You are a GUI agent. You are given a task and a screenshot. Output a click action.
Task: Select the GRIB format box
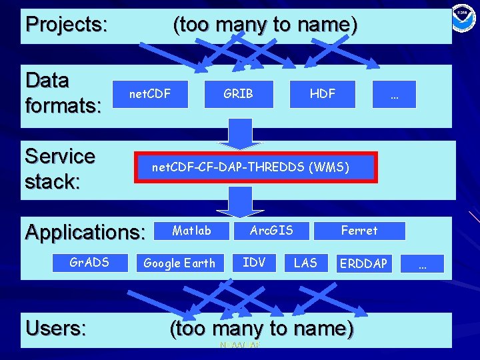pyautogui.click(x=239, y=94)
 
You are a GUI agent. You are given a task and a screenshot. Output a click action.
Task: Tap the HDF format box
pyautogui.click(x=323, y=94)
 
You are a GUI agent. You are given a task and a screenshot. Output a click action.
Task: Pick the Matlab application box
pyautogui.click(x=191, y=231)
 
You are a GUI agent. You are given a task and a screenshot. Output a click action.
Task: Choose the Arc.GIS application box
pyautogui.click(x=271, y=231)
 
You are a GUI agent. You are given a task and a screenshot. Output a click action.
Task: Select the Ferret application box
pyautogui.click(x=359, y=231)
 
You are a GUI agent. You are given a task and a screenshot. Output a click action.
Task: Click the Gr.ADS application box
pyautogui.click(x=89, y=262)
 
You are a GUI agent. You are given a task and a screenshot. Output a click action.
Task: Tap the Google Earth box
pyautogui.click(x=180, y=263)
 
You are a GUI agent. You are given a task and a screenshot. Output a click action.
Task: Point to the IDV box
pyautogui.click(x=254, y=262)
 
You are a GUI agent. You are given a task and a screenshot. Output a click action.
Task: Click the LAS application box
pyautogui.click(x=305, y=262)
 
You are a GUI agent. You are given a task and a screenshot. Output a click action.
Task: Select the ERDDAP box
pyautogui.click(x=363, y=263)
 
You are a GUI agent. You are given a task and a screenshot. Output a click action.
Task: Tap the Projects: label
pyautogui.click(x=66, y=25)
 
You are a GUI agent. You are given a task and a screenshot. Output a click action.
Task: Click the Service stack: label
pyautogui.click(x=60, y=168)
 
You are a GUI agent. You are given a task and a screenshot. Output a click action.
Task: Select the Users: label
pyautogui.click(x=55, y=328)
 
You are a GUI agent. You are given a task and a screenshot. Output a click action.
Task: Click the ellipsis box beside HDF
pyautogui.click(x=394, y=94)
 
